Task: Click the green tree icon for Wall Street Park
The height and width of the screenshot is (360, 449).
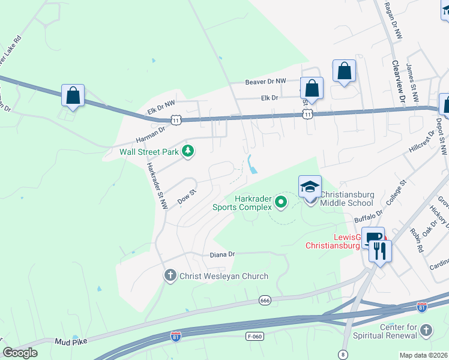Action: click(x=188, y=151)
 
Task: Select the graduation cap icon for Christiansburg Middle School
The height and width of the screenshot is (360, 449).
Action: click(x=310, y=187)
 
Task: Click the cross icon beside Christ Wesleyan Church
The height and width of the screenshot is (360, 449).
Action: click(x=170, y=276)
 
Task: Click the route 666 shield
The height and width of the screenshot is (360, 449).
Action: click(x=265, y=299)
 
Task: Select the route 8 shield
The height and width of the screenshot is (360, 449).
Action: click(x=343, y=354)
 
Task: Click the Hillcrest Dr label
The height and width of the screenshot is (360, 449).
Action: click(x=421, y=140)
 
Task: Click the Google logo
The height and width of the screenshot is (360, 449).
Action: click(x=20, y=352)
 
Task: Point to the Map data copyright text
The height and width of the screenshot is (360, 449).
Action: click(x=424, y=355)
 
